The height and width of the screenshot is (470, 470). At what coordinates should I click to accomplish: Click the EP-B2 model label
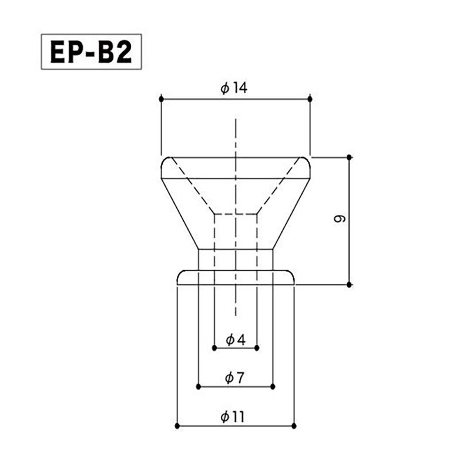[x=91, y=52]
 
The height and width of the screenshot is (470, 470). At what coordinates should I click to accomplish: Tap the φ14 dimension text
[x=234, y=88]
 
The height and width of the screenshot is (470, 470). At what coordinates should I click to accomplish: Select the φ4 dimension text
[x=236, y=340]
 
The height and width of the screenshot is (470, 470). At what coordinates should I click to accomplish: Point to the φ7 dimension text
[x=234, y=378]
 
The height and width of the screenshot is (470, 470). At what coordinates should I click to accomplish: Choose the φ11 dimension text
[x=233, y=417]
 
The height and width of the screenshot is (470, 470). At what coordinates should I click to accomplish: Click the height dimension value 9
[x=340, y=219]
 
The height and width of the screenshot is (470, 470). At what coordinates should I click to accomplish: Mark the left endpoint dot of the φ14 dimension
[x=161, y=99]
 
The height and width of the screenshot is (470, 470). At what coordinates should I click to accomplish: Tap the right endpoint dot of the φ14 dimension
[x=310, y=99]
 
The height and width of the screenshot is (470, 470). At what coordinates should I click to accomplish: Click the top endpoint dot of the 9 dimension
[x=349, y=157]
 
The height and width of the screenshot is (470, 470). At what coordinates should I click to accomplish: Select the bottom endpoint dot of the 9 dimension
[x=349, y=284]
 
